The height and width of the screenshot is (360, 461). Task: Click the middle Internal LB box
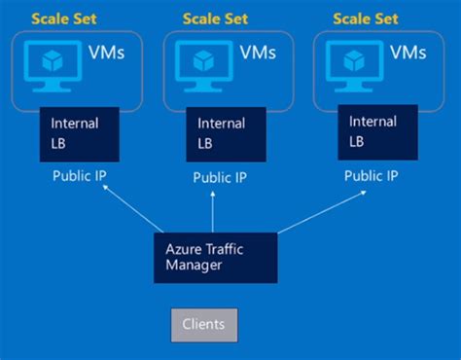(230, 133)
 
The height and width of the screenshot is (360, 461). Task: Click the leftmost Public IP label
(79, 176)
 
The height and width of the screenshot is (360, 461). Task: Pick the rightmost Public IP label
(371, 176)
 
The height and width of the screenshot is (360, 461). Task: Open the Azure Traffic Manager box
(214, 257)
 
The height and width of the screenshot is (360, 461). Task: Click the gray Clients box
(203, 324)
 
